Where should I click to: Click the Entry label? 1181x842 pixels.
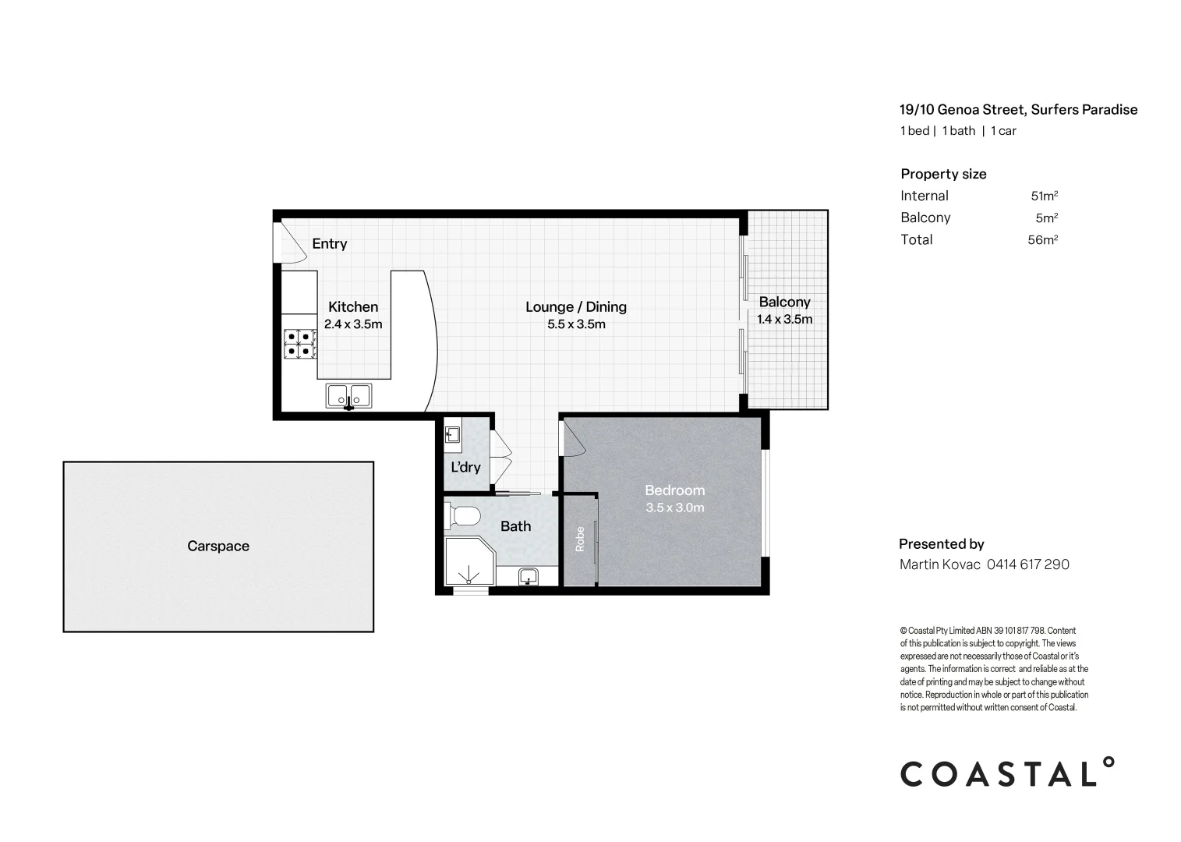[x=330, y=243]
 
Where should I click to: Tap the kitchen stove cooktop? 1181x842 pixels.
[x=300, y=344]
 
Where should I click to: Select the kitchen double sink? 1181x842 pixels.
[x=348, y=395]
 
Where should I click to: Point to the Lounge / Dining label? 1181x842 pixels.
[x=576, y=307]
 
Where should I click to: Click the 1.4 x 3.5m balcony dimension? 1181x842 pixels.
[x=784, y=319]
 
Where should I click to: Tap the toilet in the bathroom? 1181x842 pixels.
[x=462, y=515]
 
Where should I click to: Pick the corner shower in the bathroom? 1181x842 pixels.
[x=470, y=561]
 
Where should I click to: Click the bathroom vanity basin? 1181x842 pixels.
[x=528, y=576]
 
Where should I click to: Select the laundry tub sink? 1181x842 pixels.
[x=452, y=435]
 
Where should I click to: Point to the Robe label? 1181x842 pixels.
[x=580, y=540]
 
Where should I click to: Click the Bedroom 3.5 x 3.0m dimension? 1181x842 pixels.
[x=675, y=508]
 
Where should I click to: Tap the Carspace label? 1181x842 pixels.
[x=218, y=547]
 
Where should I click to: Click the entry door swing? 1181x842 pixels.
[x=291, y=242]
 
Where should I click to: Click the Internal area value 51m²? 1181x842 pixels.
[x=1045, y=196]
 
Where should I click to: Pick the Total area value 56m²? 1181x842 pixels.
[x=1043, y=240]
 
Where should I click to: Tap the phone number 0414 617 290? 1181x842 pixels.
[x=1028, y=564]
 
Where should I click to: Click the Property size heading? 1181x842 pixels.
[x=943, y=175]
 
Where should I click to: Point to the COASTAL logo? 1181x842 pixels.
[x=1007, y=773]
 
